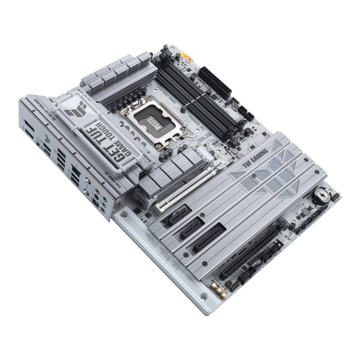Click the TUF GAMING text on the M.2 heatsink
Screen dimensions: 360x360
tap(255, 159)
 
